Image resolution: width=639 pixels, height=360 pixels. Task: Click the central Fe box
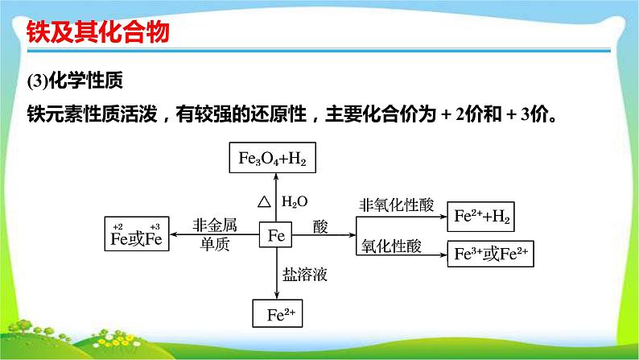coord(276,235)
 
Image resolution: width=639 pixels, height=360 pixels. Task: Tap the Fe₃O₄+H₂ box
coord(272,159)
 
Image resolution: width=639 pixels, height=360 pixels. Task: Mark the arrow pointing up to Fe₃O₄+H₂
coord(276,197)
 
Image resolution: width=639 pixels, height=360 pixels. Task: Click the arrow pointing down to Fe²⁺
coord(276,274)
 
